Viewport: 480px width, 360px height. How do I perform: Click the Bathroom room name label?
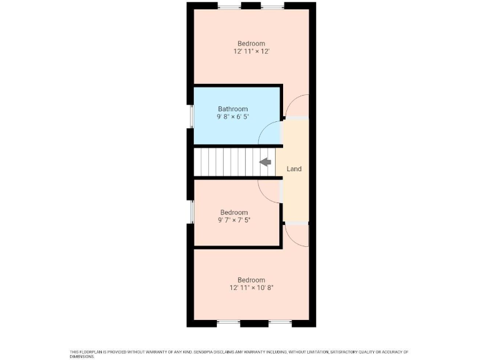coord(232,109)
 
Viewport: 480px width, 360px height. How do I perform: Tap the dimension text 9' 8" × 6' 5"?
coord(232,117)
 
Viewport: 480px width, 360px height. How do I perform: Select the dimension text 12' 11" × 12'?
coord(251,52)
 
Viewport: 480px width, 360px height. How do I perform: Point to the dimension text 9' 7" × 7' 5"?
coord(234,221)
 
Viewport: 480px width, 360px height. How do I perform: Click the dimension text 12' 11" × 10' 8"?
coord(251,288)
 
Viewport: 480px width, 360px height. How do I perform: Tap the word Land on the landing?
coord(294,169)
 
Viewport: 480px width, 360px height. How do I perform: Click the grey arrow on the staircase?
coord(265,162)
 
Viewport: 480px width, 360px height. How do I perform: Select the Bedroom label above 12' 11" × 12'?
coord(251,44)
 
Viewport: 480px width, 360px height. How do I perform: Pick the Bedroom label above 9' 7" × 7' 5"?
coord(234,212)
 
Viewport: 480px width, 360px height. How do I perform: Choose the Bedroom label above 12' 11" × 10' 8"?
coord(251,280)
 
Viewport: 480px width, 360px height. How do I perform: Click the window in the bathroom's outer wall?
coord(191,115)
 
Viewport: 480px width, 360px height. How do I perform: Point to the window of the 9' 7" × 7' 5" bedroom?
coord(191,212)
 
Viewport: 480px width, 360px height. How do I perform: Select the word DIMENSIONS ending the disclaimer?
coord(82,356)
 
